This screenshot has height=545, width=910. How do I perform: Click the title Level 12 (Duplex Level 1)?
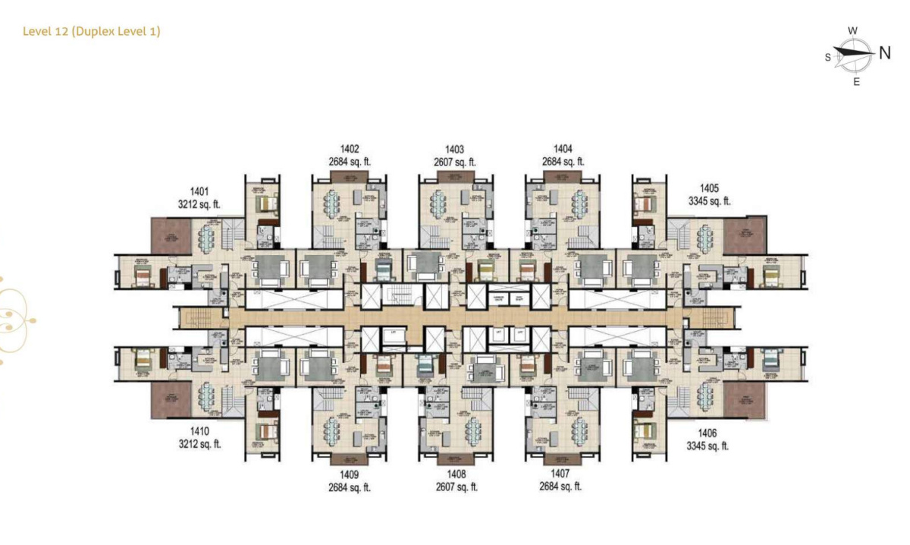pyautogui.click(x=91, y=31)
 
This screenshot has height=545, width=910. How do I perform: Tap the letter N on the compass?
pyautogui.click(x=884, y=53)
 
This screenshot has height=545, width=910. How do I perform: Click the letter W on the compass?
pyautogui.click(x=852, y=31)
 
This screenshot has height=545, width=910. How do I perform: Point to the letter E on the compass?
pyautogui.click(x=856, y=82)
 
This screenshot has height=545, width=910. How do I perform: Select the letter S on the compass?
pyautogui.click(x=828, y=57)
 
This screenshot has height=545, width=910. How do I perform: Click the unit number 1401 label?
pyautogui.click(x=199, y=192)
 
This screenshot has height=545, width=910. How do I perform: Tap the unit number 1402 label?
pyautogui.click(x=350, y=150)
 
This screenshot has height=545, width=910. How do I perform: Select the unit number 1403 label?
pyautogui.click(x=454, y=150)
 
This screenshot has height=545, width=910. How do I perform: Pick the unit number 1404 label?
pyautogui.click(x=563, y=150)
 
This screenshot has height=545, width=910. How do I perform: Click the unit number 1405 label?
pyautogui.click(x=708, y=189)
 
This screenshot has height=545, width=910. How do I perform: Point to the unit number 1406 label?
pyautogui.click(x=707, y=433)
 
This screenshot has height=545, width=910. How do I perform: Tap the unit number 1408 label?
pyautogui.click(x=455, y=474)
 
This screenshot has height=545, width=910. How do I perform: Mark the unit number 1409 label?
pyautogui.click(x=350, y=474)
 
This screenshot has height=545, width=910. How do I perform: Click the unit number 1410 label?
pyautogui.click(x=199, y=431)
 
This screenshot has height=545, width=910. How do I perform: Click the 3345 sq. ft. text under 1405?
pyautogui.click(x=709, y=202)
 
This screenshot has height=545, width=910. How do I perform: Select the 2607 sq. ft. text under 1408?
pyautogui.click(x=455, y=487)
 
